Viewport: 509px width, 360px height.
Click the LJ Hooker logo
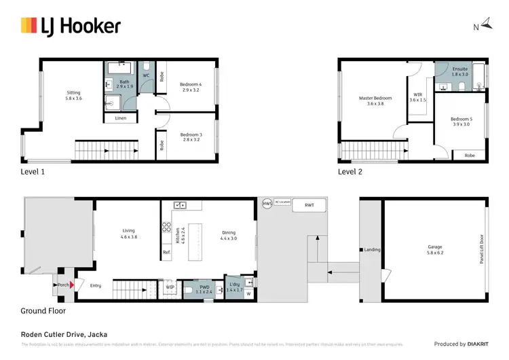(x=71, y=26)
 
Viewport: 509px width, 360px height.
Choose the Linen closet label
(x=121, y=118)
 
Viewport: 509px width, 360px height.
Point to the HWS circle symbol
(x=267, y=203)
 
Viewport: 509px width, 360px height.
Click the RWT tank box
(x=309, y=204)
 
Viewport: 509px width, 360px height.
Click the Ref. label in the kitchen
(x=166, y=253)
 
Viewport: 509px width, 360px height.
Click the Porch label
(x=62, y=285)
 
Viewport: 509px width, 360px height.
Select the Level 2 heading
(x=350, y=172)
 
